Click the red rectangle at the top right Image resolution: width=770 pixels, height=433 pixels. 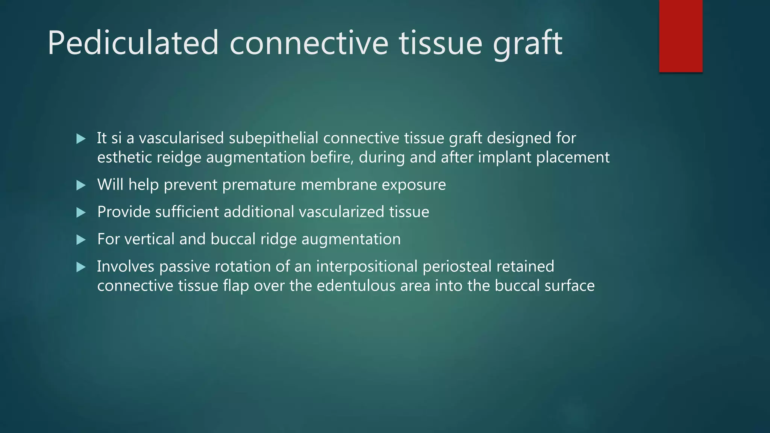pyautogui.click(x=681, y=36)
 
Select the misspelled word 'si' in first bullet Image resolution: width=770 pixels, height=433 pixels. pyautogui.click(x=117, y=138)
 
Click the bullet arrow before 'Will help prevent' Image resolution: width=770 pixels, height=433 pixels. pyautogui.click(x=81, y=185)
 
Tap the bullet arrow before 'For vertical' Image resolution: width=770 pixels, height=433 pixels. pyautogui.click(x=81, y=239)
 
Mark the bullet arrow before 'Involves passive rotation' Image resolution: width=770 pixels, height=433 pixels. pyautogui.click(x=81, y=267)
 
